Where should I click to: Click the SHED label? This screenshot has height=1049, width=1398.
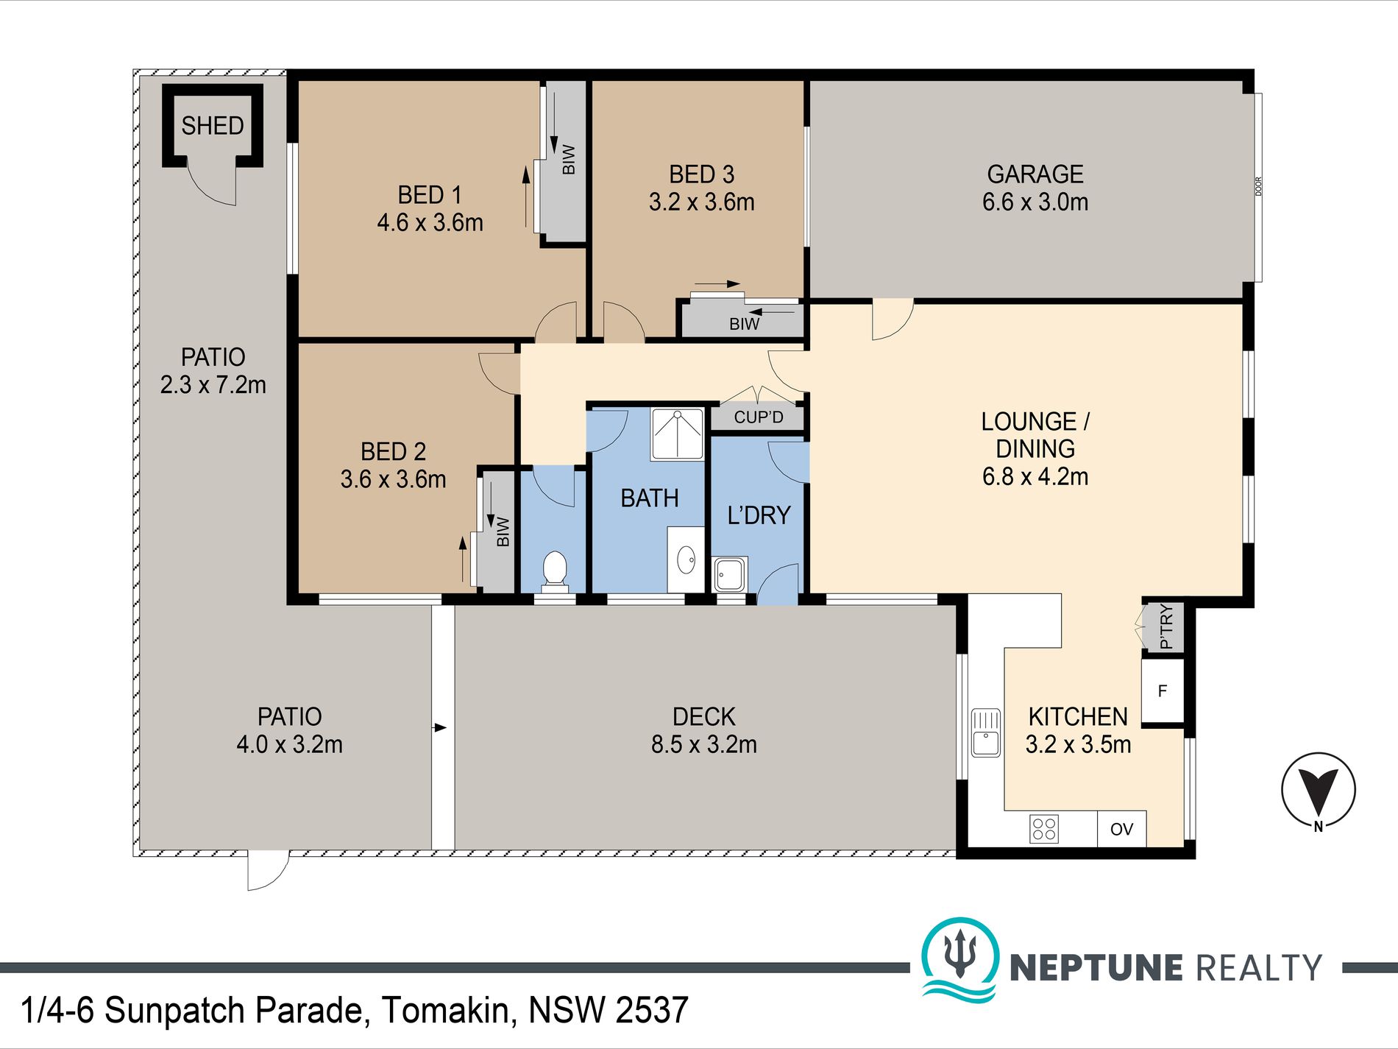213,126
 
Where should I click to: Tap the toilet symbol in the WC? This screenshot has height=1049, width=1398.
554,571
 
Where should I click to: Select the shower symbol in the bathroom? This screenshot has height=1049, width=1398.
677,434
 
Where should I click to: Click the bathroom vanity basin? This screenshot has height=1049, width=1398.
686,559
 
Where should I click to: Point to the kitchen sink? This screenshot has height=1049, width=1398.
985,732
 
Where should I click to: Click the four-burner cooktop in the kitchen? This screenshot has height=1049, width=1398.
1044,829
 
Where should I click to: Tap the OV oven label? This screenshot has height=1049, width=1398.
1121,830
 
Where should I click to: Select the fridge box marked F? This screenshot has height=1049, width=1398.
1163,690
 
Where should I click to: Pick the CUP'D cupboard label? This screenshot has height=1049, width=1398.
759,417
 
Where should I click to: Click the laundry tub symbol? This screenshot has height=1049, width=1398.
730,574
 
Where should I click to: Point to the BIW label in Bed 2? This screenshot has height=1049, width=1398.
503,531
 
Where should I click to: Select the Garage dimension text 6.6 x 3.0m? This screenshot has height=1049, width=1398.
1035,202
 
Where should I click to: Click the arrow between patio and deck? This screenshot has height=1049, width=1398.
440,728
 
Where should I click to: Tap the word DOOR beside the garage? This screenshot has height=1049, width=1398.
1258,186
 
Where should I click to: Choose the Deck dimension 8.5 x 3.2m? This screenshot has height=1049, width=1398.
704,744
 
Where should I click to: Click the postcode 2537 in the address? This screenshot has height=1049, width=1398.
652,1011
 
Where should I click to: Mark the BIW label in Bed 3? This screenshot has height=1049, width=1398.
745,324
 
